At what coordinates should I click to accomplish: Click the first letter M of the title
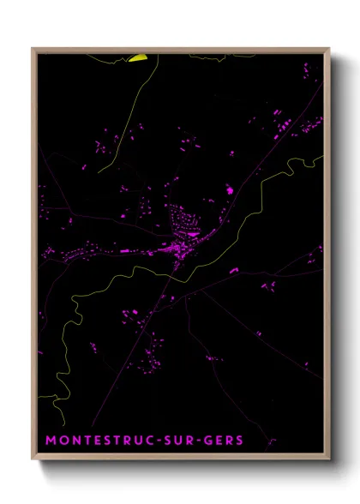51,440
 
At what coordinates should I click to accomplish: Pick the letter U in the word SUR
180,440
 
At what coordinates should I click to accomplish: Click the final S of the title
239,440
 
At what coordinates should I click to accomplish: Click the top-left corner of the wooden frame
33,49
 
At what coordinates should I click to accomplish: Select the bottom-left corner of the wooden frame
33,460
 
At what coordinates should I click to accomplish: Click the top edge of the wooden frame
180,49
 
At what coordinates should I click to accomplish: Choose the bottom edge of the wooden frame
180,460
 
